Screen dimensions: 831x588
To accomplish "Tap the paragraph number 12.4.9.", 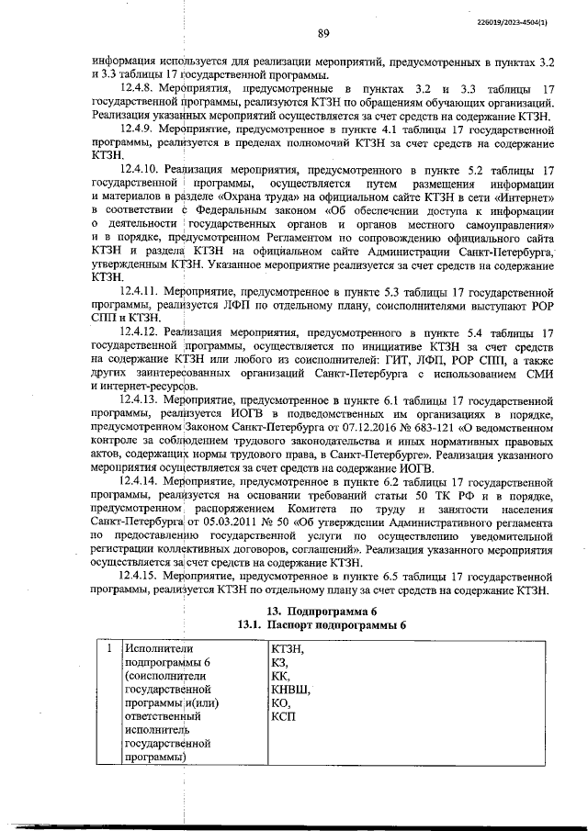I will click(141, 131).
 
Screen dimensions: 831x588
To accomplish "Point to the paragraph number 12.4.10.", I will click(143, 171).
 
